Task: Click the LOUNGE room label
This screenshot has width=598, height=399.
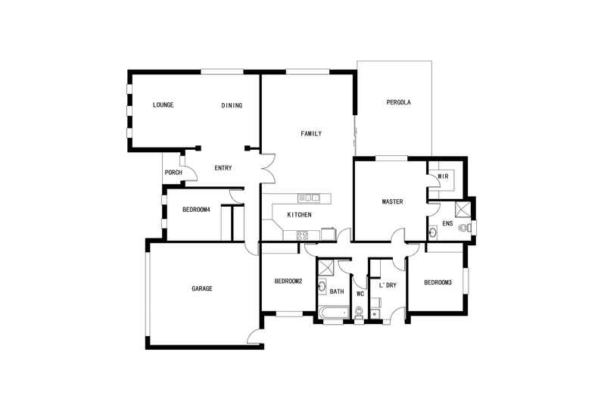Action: click(x=163, y=105)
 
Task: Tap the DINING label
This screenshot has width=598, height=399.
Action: click(x=232, y=105)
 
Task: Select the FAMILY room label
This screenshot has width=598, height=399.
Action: click(x=311, y=133)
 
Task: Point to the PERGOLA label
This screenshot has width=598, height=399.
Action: click(x=398, y=102)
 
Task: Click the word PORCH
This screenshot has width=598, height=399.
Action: click(x=173, y=173)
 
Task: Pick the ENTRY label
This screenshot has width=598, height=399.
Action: click(x=223, y=168)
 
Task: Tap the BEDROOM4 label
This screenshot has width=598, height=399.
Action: click(x=196, y=210)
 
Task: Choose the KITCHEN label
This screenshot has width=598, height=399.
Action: click(x=300, y=215)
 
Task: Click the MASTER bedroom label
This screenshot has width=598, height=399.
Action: click(x=392, y=201)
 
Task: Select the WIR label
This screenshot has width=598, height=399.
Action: click(x=443, y=176)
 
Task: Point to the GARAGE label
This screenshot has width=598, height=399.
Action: click(x=202, y=288)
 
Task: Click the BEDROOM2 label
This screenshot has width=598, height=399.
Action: click(x=288, y=281)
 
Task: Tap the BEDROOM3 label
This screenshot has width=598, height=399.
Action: click(x=438, y=282)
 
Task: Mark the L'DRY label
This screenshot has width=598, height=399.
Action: click(x=388, y=285)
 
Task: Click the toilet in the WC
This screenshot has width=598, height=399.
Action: click(x=359, y=313)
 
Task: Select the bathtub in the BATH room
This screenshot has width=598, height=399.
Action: click(x=334, y=312)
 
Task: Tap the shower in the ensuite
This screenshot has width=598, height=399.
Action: click(x=463, y=210)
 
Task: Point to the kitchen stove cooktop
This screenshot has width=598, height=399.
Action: click(x=303, y=235)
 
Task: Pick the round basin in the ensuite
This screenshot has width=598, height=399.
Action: click(x=432, y=232)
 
